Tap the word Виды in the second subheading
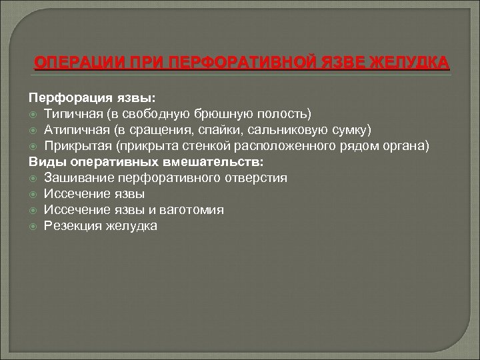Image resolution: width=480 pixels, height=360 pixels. tap(43, 161)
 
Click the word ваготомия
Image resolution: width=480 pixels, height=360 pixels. tap(194, 210)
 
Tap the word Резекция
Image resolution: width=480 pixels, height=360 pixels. tap(72, 226)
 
